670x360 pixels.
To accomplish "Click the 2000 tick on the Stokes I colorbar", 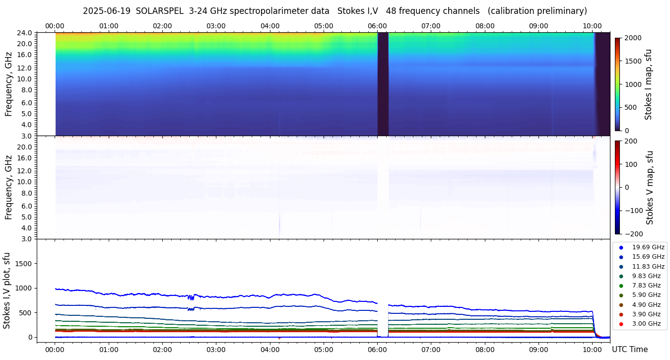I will point(633,38).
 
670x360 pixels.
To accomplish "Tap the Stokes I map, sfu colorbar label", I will point(648,84).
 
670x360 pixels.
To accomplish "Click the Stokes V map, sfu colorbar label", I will point(650,187).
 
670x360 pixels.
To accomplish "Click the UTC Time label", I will point(629,350).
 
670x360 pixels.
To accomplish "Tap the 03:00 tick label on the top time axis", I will point(216,26).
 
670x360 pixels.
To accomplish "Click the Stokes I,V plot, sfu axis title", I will point(7,290).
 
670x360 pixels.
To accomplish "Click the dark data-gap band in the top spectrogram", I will point(383,84).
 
